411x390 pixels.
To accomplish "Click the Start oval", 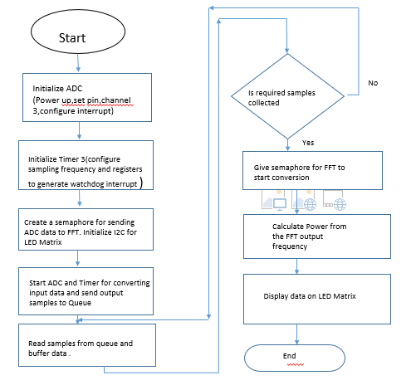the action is [78, 32].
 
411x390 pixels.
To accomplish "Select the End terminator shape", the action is [295, 358].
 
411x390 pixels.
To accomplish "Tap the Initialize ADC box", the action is [87, 97].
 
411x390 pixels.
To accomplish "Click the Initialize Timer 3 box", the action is [86, 165].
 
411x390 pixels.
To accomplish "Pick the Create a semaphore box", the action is [86, 230].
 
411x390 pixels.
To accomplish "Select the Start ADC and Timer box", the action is [86, 291].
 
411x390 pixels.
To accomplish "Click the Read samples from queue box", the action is [87, 345].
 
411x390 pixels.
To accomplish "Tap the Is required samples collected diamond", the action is [288, 96].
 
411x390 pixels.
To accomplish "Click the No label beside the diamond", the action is [373, 83].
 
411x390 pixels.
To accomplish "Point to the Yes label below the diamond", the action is [308, 143].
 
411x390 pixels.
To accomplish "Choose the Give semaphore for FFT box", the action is [312, 170].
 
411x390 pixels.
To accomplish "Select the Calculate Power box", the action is [317, 236].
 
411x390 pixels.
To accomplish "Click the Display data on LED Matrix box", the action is [317, 299].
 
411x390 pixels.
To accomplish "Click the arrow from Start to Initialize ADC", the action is [78, 63].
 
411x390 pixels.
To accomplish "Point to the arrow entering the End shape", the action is [296, 334].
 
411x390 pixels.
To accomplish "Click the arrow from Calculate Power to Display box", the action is [296, 266].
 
